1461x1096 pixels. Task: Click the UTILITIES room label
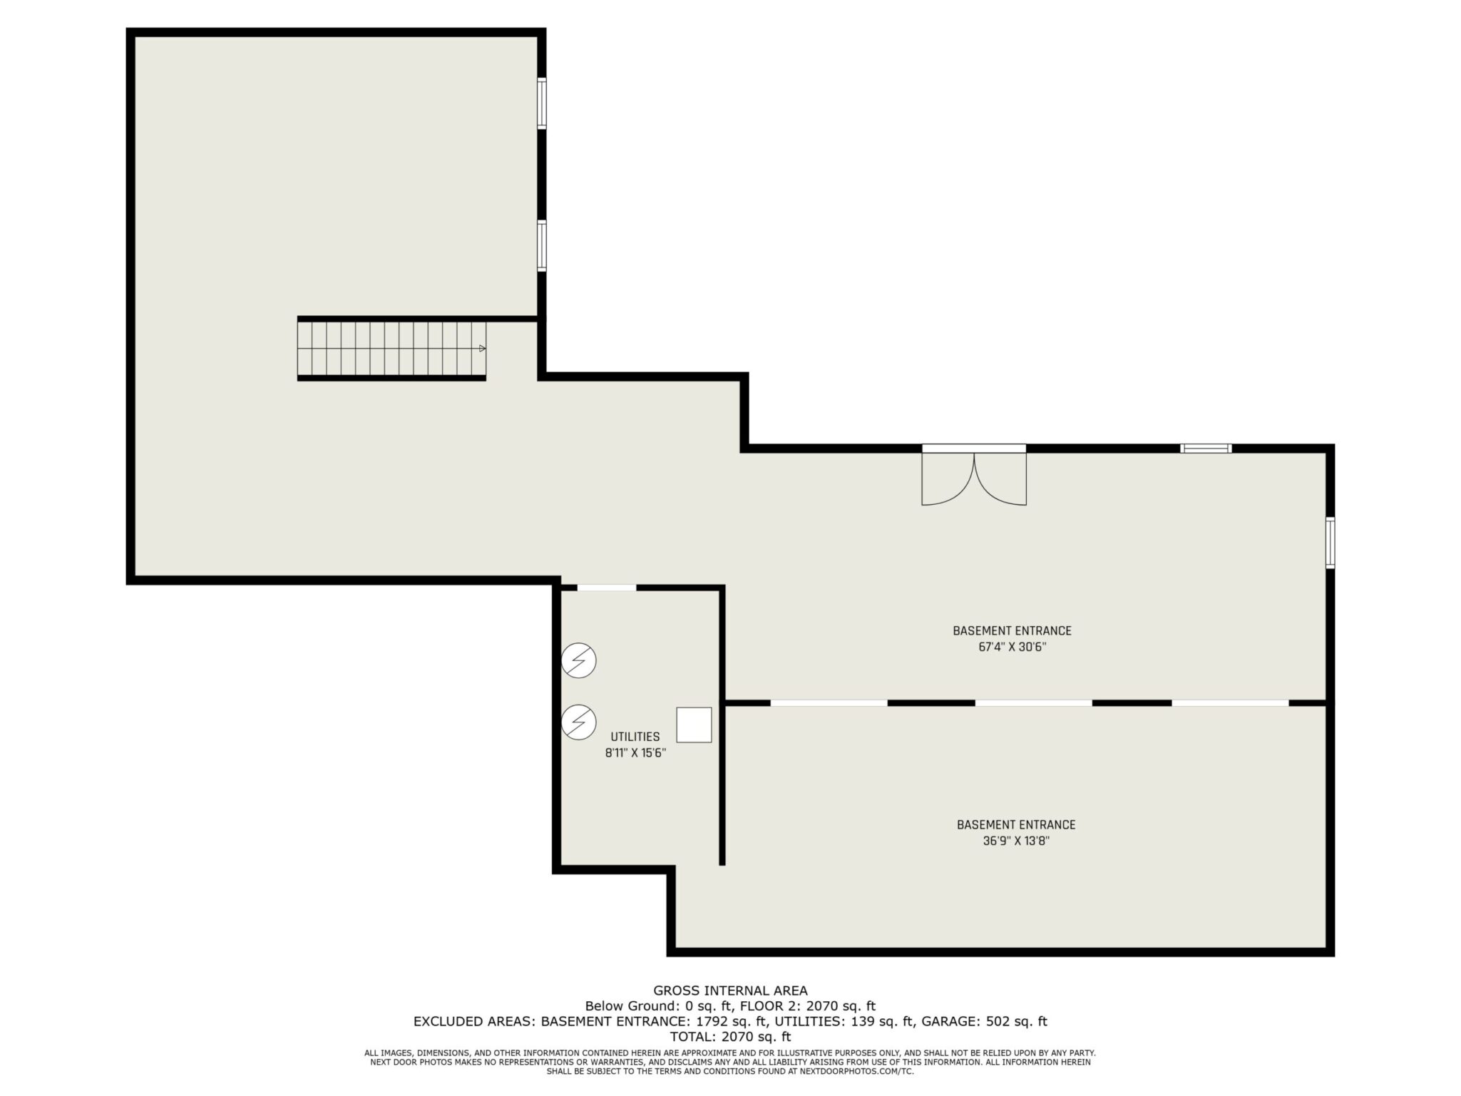[635, 737]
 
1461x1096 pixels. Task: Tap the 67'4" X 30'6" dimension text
[1012, 647]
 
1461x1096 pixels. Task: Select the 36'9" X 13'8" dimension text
[1016, 841]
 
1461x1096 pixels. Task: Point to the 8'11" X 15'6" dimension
[635, 753]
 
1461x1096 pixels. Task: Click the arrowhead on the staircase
[483, 349]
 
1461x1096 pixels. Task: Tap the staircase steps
[391, 349]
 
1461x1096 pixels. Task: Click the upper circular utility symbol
[578, 661]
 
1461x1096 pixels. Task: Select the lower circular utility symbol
[578, 722]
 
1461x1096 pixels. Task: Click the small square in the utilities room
[694, 725]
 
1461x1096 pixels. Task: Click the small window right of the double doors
[1206, 449]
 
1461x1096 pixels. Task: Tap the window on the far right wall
[1331, 543]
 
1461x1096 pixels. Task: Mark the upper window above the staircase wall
[542, 103]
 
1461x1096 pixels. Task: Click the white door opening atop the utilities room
[606, 588]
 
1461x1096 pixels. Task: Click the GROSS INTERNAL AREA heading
[730, 990]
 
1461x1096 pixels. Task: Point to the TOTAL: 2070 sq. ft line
[730, 1037]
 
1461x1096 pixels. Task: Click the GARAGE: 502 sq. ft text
[984, 1021]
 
